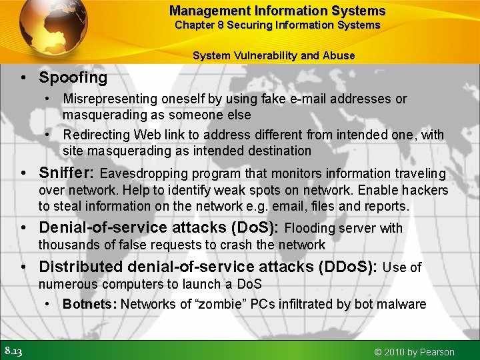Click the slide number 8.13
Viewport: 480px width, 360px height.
[x=13, y=351]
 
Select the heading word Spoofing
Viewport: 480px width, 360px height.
[x=73, y=77]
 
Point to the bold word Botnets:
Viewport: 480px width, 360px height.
[x=90, y=304]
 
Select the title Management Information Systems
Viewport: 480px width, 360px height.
[x=277, y=11]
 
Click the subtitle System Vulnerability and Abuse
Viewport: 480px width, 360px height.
[x=273, y=55]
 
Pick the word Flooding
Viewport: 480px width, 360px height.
[x=311, y=228]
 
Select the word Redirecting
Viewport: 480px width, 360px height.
[x=97, y=135]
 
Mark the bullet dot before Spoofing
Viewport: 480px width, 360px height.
[x=24, y=78]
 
